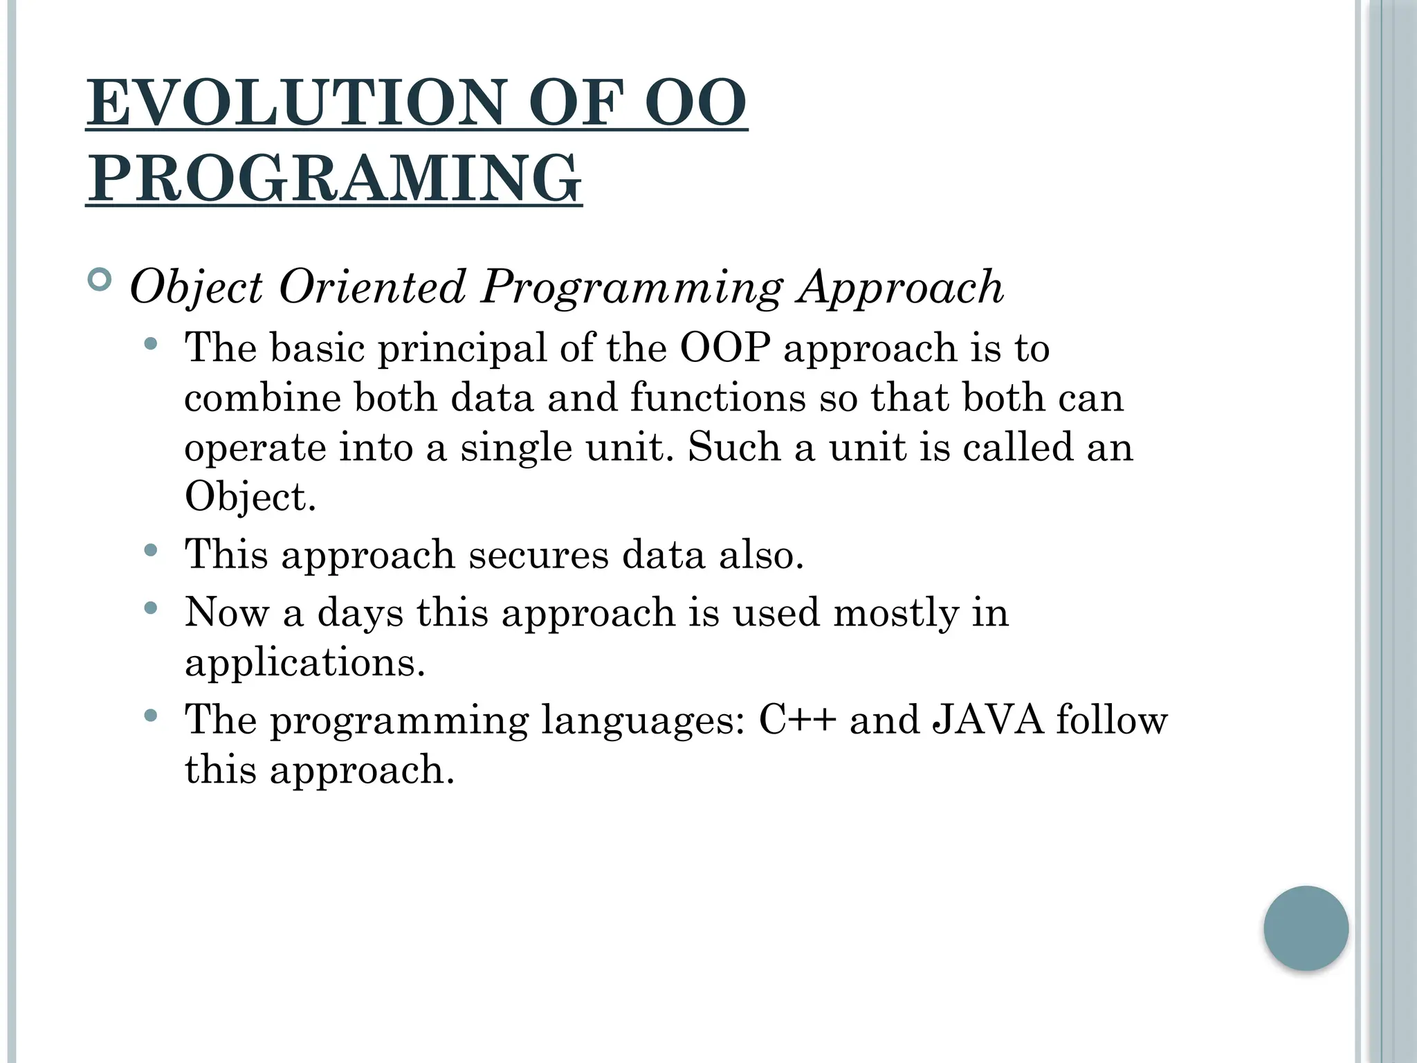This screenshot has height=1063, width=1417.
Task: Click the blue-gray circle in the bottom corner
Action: coord(1306,928)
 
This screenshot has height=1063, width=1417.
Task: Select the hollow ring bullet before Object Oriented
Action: coord(100,280)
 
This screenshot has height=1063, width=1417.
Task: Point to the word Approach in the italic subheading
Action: coord(899,287)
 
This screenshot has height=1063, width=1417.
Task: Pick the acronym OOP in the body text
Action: coord(724,347)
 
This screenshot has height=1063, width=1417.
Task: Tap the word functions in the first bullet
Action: coord(717,398)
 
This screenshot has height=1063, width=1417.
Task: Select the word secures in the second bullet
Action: coord(538,554)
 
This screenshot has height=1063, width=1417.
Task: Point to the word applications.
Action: coord(304,662)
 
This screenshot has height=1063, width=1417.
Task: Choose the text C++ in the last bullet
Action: coord(798,720)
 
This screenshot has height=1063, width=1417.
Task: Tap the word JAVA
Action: coord(987,720)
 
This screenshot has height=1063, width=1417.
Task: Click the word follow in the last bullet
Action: coord(1111,720)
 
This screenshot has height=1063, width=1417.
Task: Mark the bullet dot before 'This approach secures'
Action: coord(152,551)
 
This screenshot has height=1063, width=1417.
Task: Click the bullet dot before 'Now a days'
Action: coord(152,609)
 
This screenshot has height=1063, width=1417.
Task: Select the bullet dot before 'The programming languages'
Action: coord(152,716)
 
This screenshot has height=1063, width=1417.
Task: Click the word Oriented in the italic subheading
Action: coord(372,287)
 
